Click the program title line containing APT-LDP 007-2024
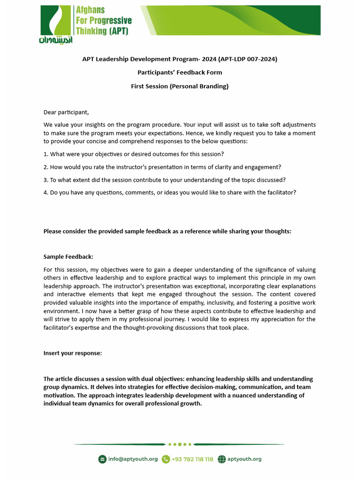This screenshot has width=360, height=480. click(x=180, y=59)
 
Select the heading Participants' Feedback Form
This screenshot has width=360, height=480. click(x=180, y=73)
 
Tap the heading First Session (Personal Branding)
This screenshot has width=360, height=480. click(x=180, y=86)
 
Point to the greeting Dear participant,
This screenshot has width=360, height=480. click(x=66, y=112)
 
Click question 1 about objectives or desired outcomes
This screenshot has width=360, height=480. click(x=134, y=154)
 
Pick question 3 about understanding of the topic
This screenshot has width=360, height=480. click(x=165, y=180)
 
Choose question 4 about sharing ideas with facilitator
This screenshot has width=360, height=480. click(x=170, y=193)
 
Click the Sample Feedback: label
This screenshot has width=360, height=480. click(x=68, y=257)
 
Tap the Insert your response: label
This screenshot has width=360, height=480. click(x=73, y=353)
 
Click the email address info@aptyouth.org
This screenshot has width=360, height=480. click(x=133, y=459)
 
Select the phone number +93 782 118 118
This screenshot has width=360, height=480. click(x=192, y=459)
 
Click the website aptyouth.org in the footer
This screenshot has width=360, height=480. click(x=244, y=459)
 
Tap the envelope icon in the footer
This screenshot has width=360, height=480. click(x=102, y=459)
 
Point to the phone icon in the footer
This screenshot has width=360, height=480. click(x=165, y=459)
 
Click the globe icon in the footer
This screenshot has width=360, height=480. click(x=222, y=459)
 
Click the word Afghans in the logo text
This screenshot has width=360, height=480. click(x=90, y=10)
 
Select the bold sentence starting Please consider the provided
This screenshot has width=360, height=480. click(x=167, y=231)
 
